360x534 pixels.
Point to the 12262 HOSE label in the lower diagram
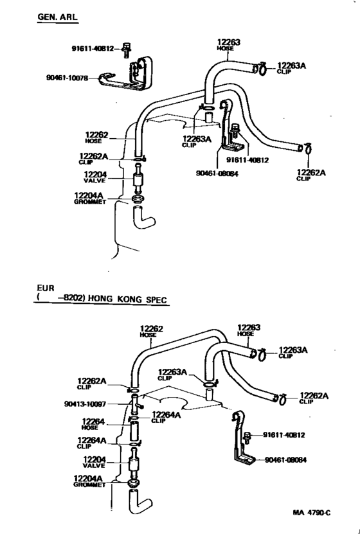coord(151,331)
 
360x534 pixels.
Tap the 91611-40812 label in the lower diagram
coord(283,435)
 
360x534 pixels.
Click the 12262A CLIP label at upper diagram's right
coord(311,174)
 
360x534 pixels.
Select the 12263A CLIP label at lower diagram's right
coord(292,353)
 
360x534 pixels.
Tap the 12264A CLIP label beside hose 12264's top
coord(166,417)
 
